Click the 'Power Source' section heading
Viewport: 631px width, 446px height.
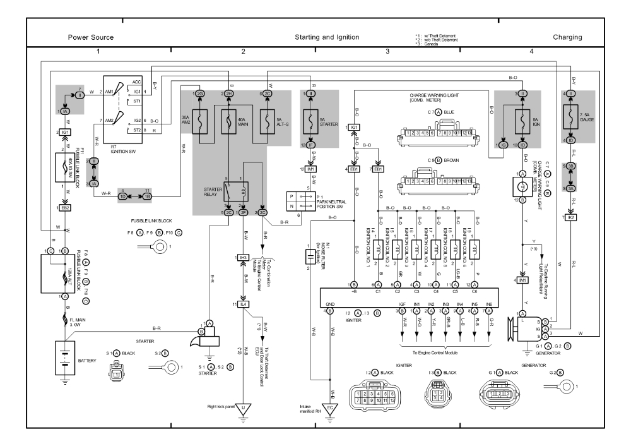point(91,38)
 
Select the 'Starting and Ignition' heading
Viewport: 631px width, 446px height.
point(327,38)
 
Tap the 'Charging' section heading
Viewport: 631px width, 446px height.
point(567,38)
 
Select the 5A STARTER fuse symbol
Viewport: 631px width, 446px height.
point(310,119)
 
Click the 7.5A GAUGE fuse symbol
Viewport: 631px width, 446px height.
point(572,119)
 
